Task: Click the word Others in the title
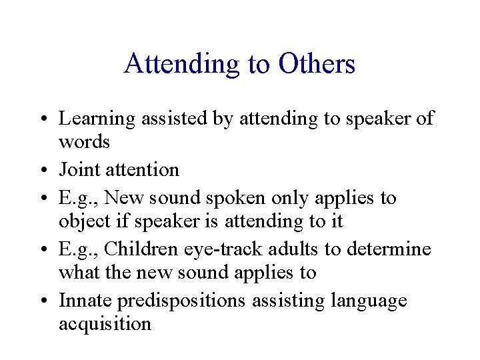(x=317, y=65)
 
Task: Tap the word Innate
(x=85, y=301)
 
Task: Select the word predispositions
(x=181, y=301)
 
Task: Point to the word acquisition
(x=105, y=325)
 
